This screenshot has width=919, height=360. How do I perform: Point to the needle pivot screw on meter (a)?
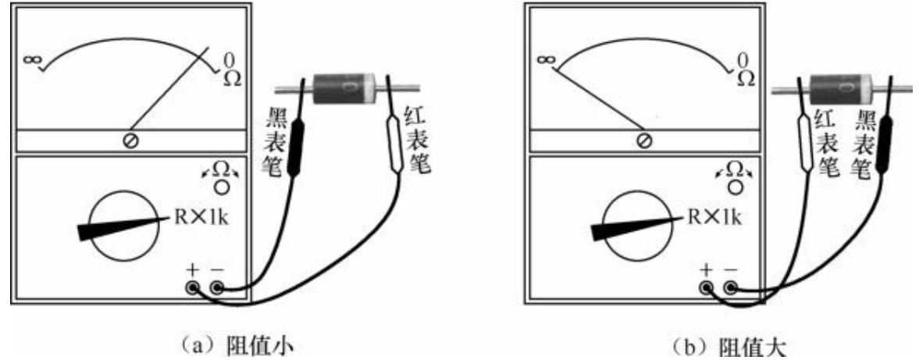click(131, 140)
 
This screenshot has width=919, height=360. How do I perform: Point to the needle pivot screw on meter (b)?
click(643, 140)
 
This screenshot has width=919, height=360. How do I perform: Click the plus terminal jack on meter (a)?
click(191, 288)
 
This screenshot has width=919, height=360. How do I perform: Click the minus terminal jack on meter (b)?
click(731, 288)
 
